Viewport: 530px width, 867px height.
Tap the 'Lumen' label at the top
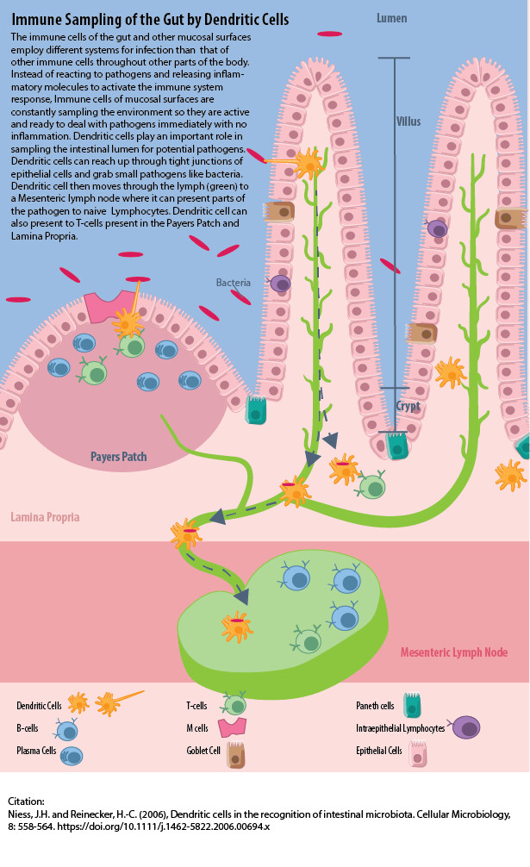(x=391, y=17)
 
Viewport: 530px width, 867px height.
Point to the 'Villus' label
(x=408, y=122)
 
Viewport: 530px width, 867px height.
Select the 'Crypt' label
(x=408, y=405)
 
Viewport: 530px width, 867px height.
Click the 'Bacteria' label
(x=233, y=283)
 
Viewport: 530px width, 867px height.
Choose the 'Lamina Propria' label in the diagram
(x=45, y=517)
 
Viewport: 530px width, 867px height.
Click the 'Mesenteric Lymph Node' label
(x=453, y=652)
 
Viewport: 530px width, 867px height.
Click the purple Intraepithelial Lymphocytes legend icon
(x=467, y=728)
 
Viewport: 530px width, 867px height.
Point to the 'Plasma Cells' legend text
(x=36, y=752)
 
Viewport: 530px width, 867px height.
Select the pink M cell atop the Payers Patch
(x=109, y=307)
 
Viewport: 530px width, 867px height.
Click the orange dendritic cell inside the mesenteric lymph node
(x=236, y=626)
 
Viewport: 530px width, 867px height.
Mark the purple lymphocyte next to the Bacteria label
(x=280, y=284)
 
